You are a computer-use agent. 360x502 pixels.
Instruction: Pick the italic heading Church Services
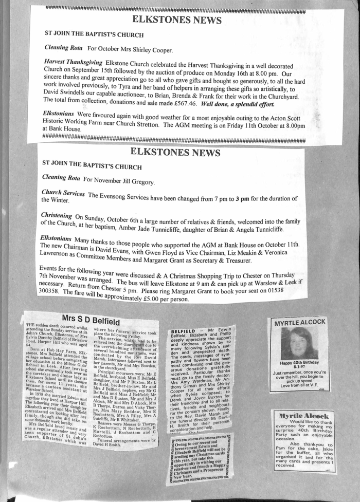click(x=63, y=194)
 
